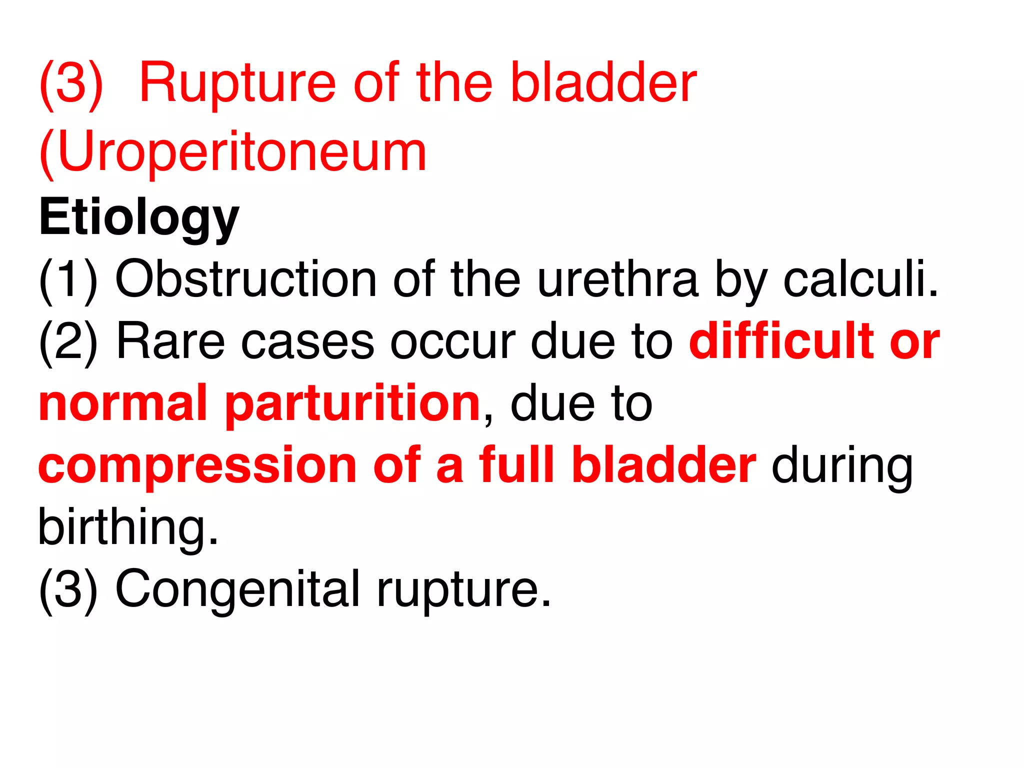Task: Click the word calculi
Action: pos(860,279)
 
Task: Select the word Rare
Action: pos(170,341)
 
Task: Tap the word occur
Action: pos(452,341)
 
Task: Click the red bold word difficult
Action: pos(780,341)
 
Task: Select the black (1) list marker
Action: pos(68,279)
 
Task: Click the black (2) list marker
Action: pos(68,341)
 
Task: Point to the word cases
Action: pos(307,341)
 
